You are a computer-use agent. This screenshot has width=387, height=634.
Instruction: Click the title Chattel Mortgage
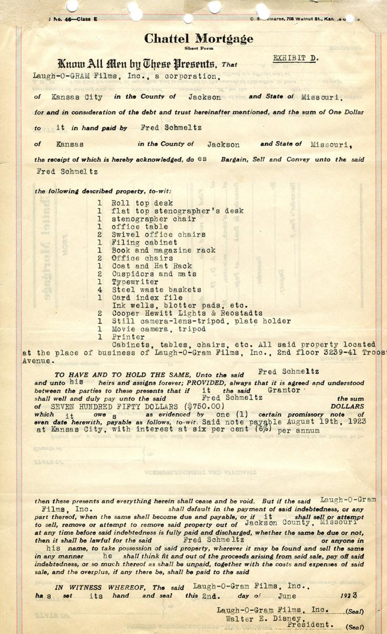coord(199,39)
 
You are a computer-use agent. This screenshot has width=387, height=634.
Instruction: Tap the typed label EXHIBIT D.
coord(295,58)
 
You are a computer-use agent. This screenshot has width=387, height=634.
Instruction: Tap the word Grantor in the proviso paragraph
coord(284,389)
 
